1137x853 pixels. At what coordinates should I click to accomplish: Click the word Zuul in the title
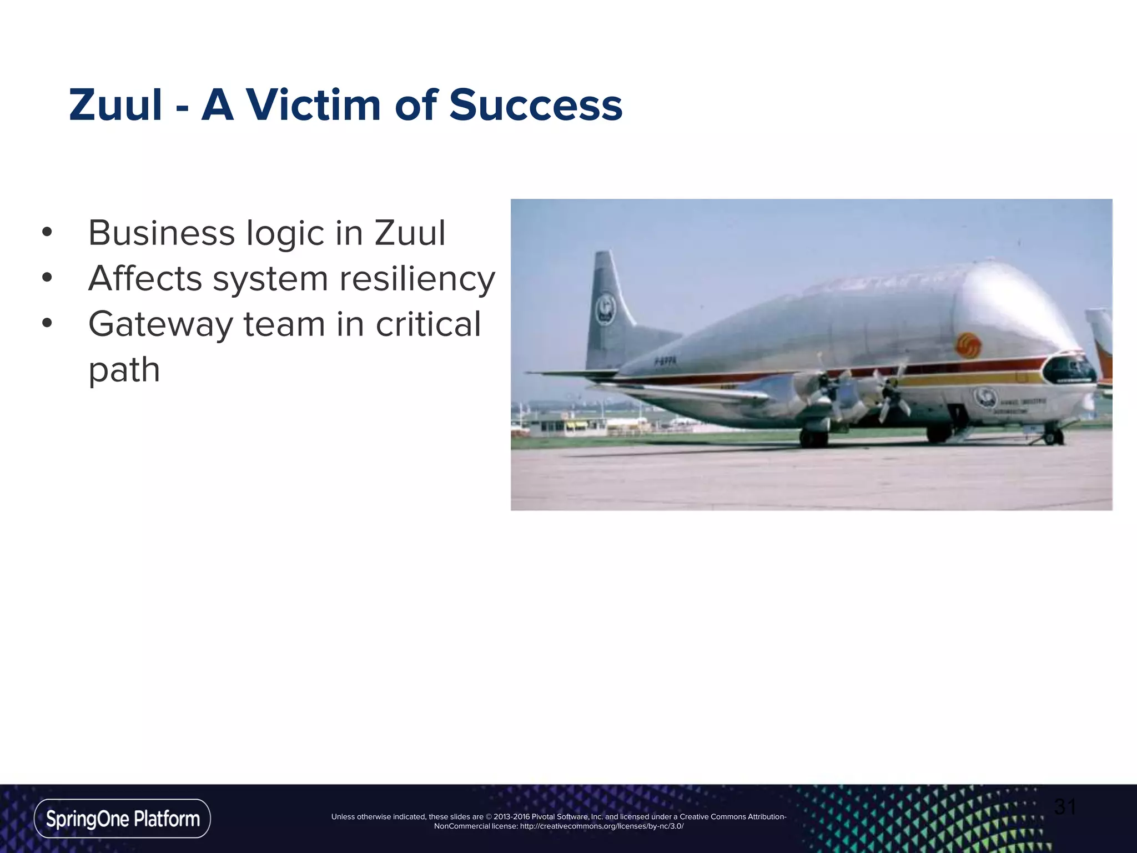pos(115,106)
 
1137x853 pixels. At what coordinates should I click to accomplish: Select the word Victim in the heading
pos(314,106)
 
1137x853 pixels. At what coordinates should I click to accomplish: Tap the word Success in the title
pos(536,106)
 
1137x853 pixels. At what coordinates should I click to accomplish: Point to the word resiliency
pos(417,279)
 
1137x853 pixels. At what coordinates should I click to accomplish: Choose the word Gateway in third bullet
pos(160,324)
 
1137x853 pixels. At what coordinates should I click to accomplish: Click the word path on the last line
pos(124,370)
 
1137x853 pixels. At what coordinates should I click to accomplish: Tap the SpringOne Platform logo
pos(122,819)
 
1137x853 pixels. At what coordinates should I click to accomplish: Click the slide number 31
pos(1065,807)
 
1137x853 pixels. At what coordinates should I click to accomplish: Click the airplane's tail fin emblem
pos(605,307)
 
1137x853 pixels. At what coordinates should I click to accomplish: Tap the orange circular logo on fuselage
pos(968,345)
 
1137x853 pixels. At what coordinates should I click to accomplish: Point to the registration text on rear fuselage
pos(665,361)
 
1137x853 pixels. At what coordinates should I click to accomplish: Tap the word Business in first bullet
pos(162,233)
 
